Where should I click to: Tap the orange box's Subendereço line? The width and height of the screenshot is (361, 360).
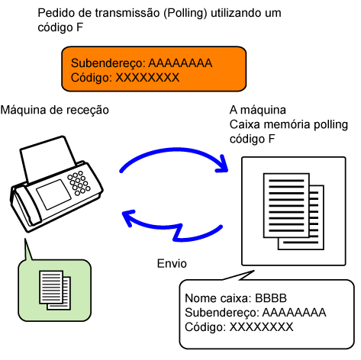(x=141, y=63)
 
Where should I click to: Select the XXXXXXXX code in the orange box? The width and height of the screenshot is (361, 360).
(x=147, y=78)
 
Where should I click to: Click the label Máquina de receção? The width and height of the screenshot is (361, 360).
(x=55, y=111)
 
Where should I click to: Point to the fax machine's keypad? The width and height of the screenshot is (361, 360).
(x=79, y=183)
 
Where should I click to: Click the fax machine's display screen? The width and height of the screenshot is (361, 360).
(x=53, y=194)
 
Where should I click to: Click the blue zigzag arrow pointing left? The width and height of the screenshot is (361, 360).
(x=172, y=227)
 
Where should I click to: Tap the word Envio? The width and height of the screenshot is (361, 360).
(x=172, y=263)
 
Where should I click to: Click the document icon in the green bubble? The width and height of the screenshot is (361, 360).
(x=55, y=290)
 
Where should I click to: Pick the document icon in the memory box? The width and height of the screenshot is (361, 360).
(x=294, y=211)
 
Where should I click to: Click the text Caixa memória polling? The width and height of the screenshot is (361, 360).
(x=288, y=125)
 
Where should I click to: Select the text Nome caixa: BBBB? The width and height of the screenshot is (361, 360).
(x=236, y=298)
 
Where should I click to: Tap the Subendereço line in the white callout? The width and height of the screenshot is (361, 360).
(x=256, y=313)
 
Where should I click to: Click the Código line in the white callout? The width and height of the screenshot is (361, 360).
(x=239, y=327)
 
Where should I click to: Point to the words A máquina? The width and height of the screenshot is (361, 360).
(x=258, y=111)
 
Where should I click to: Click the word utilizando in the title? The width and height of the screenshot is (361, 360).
(x=235, y=13)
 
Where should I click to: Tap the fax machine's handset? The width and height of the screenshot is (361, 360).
(x=25, y=206)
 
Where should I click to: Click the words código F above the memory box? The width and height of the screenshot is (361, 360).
(x=253, y=140)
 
